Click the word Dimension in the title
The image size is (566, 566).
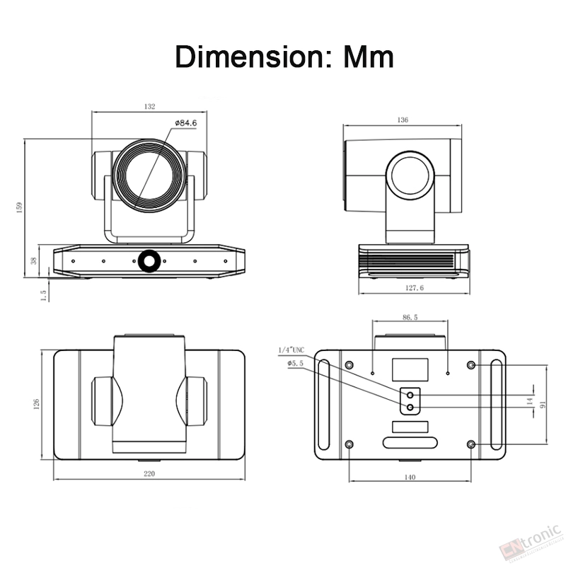[252, 57]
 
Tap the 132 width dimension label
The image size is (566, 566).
[149, 107]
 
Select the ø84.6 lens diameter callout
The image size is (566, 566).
[186, 123]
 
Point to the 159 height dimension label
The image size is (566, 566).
[20, 207]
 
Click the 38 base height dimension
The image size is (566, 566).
[34, 260]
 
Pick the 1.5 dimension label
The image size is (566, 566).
[44, 296]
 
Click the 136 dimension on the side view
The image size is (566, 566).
[403, 120]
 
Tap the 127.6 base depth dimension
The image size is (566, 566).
[415, 288]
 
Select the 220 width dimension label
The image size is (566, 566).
[149, 473]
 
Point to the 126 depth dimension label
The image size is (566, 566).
[36, 404]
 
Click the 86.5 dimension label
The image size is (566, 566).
[410, 317]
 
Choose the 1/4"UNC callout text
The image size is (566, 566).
[291, 350]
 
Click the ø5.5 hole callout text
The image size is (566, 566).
[295, 364]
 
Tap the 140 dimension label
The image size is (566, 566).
[410, 477]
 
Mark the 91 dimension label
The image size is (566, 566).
[543, 404]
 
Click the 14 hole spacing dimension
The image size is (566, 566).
[529, 401]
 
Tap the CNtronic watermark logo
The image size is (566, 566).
[531, 544]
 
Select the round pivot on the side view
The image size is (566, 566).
[410, 175]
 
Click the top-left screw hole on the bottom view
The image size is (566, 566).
[349, 365]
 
